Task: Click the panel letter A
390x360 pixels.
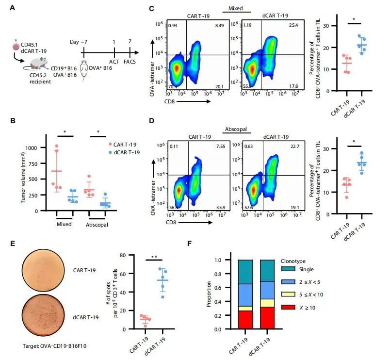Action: [x=12, y=8]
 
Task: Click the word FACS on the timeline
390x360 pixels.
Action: [x=130, y=62]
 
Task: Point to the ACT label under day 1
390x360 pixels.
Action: [x=114, y=62]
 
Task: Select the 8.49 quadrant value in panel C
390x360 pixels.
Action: [x=219, y=25]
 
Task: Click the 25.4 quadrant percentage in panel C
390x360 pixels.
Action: [x=293, y=25]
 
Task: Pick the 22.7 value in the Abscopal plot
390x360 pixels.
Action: [x=295, y=147]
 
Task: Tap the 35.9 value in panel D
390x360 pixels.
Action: [x=221, y=208]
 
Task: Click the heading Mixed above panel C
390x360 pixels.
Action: [x=236, y=8]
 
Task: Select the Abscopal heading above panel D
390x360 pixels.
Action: [x=236, y=129]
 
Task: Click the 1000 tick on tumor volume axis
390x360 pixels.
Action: [x=31, y=148]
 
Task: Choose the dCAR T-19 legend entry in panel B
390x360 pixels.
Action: [x=124, y=152]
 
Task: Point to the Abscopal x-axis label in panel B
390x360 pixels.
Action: [x=97, y=225]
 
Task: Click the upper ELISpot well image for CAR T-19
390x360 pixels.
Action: [x=43, y=270]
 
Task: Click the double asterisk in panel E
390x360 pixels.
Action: [x=154, y=257]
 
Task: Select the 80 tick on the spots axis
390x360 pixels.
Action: [x=123, y=255]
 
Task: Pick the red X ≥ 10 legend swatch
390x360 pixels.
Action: [x=288, y=307]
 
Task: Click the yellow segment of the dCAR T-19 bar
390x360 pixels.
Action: [x=267, y=303]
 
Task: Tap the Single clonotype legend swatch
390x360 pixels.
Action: [x=288, y=269]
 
